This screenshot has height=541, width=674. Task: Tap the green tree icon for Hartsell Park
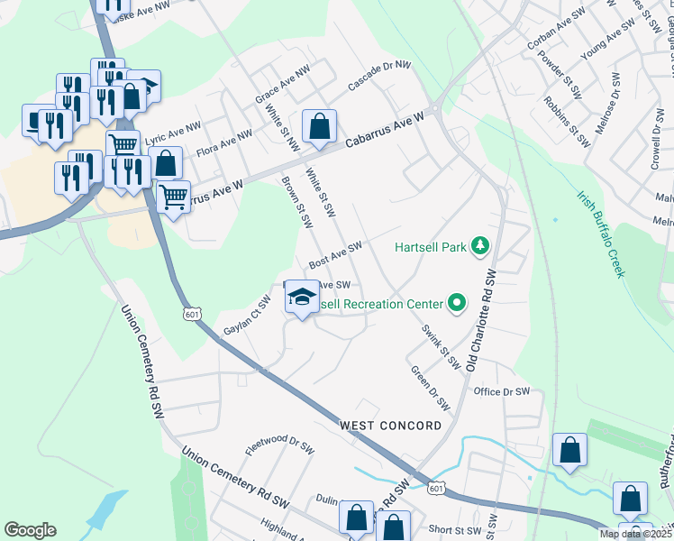tap(482, 245)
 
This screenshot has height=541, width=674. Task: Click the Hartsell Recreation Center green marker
tap(456, 304)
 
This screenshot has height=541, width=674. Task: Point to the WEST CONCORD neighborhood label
tap(390, 425)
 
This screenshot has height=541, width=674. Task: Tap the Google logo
tap(30, 529)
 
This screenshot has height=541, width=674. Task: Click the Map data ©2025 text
tap(634, 534)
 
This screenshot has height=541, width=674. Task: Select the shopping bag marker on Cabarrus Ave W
tap(319, 127)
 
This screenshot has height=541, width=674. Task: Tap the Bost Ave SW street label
tap(335, 254)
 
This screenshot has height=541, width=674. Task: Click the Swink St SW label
tap(442, 346)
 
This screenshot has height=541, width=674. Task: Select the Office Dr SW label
tap(502, 391)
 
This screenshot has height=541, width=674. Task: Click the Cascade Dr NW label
tap(379, 78)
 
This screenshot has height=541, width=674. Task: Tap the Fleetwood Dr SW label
tap(279, 445)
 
